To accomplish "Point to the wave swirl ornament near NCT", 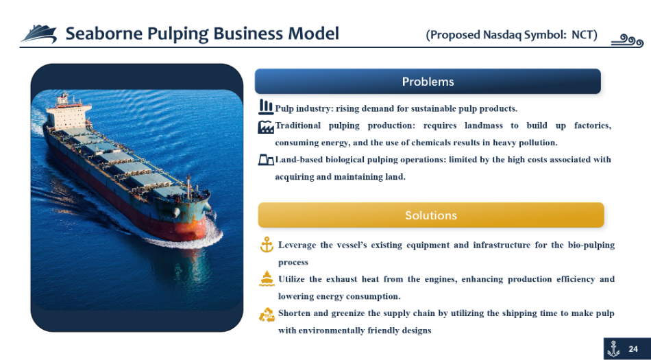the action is pos(627,40).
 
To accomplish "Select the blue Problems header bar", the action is pos(428,82).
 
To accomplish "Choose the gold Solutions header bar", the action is pos(431,215).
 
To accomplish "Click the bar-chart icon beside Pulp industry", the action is pos(266,107).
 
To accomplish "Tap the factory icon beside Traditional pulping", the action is pos(266,127).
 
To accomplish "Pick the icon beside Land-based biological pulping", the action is pos(266,160).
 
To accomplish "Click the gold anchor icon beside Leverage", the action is pos(267,245).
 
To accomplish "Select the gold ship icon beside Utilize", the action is pos(267,278).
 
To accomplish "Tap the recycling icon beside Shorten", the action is pos(267,314).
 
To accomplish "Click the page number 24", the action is pos(633,349).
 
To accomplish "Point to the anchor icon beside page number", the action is pos(613,349).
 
